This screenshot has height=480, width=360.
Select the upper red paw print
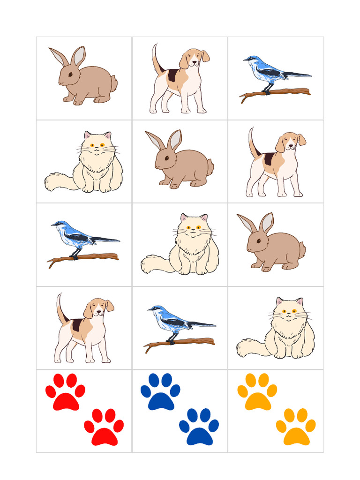(x=66, y=394)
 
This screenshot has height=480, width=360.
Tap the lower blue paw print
(x=199, y=428)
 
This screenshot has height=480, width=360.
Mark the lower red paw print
(x=104, y=428)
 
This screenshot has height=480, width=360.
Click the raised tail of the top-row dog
(x=156, y=59)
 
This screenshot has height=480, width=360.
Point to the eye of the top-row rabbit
(x=70, y=74)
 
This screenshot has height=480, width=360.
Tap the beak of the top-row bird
(x=245, y=60)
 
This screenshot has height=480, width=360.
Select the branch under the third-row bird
(x=84, y=257)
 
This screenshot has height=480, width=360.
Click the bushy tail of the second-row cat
(x=59, y=182)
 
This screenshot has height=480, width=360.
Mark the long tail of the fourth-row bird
(x=202, y=324)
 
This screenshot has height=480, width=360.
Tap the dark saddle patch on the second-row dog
(x=269, y=159)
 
